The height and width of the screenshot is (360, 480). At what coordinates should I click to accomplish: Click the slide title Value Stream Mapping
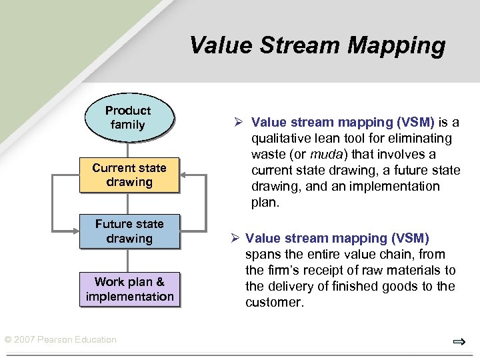pos(317,45)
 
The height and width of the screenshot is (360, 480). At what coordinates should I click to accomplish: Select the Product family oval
pos(128,118)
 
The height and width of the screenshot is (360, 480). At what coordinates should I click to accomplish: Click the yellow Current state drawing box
pos(129,175)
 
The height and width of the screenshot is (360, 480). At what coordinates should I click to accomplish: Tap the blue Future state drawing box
pos(129,231)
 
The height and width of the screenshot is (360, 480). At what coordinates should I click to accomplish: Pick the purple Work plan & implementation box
pos(129,289)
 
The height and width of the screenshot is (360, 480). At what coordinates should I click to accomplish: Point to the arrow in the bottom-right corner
pos(459,342)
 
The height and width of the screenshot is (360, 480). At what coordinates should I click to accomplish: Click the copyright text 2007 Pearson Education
pos(60,340)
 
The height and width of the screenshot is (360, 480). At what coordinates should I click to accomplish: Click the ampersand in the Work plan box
pos(160,282)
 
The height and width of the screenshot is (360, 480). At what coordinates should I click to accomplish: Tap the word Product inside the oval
pos(128,111)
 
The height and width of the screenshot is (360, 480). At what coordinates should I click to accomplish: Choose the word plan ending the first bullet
pos(265,202)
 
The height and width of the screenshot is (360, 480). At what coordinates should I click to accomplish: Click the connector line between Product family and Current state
pos(128,149)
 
